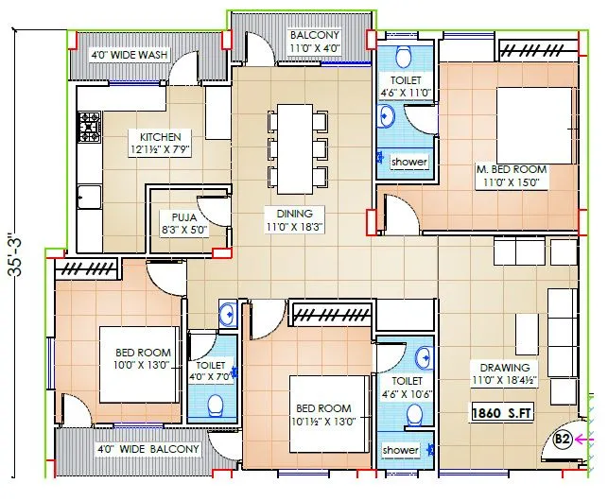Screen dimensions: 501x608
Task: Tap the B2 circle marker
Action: (562, 439)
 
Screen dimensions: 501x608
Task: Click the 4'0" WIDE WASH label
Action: (129, 55)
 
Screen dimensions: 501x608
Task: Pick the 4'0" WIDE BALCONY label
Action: (148, 449)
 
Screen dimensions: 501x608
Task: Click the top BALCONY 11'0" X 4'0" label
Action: (315, 41)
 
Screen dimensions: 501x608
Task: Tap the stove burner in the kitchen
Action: (89, 125)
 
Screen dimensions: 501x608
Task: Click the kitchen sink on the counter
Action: (90, 196)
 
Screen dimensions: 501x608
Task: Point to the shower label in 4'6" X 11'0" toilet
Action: (408, 162)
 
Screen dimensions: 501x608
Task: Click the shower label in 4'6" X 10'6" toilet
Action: (400, 450)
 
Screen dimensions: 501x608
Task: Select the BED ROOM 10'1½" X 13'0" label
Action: (322, 415)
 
